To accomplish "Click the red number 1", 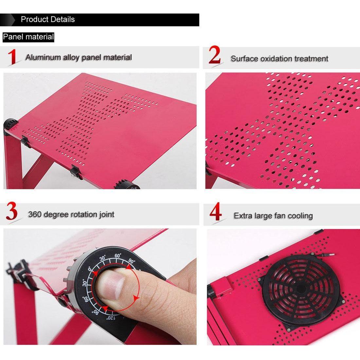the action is pyautogui.click(x=12, y=57).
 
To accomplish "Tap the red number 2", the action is pyautogui.click(x=214, y=55).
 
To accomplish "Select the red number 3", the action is pyautogui.click(x=12, y=211).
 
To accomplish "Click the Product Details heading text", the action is pyautogui.click(x=48, y=19).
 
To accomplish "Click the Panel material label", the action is pyautogui.click(x=28, y=37).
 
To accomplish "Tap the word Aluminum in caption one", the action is pyautogui.click(x=43, y=57).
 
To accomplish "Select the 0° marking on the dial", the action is pyautogui.click(x=90, y=269).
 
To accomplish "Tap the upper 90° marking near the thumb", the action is pyautogui.click(x=132, y=261).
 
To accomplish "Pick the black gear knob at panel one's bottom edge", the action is pyautogui.click(x=126, y=184).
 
